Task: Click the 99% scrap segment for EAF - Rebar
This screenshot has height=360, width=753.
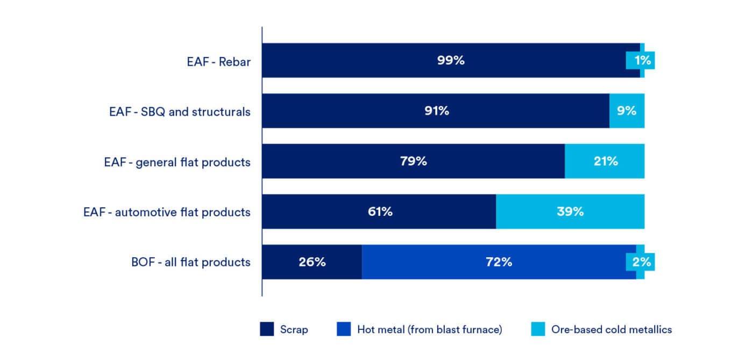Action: pos(451,60)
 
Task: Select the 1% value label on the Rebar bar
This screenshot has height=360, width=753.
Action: pos(642,61)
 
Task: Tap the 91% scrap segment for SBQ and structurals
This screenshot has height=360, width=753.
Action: pos(436,111)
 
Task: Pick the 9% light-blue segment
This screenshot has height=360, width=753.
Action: pos(627,111)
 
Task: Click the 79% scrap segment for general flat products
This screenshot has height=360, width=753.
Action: pos(413,161)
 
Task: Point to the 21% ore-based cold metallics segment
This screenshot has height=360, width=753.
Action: pos(605,161)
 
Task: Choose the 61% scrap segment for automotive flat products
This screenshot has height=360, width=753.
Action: pos(379,211)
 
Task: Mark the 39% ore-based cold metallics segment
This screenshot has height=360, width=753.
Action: pos(570,211)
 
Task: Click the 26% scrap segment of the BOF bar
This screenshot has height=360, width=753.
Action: pos(312,262)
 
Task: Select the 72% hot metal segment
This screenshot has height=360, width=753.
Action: pos(499,262)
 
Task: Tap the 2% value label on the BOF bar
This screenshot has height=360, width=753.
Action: pos(642,263)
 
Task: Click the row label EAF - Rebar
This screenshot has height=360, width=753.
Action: pos(218,61)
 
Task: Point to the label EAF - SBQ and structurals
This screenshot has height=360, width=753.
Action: pos(179,111)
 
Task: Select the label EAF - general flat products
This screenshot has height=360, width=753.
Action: pos(177,161)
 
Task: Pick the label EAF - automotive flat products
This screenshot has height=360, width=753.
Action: pos(167,212)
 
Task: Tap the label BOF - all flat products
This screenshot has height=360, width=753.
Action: pos(191,263)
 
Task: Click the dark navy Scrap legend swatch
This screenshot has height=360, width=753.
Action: pos(267,329)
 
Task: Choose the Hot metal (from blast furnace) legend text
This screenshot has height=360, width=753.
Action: pos(429,329)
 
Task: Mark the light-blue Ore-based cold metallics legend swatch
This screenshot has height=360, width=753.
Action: pos(538,329)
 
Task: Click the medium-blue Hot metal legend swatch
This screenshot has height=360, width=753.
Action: pos(344,329)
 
